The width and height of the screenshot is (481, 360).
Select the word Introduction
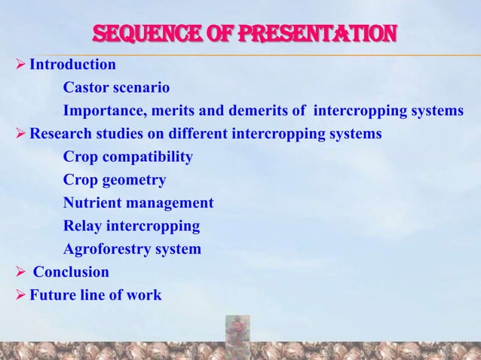click(72, 65)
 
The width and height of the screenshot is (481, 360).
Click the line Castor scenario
click(116, 88)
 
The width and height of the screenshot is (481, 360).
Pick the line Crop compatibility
click(127, 157)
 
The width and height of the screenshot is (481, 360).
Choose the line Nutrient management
click(138, 203)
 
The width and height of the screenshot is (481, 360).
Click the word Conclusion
click(75, 272)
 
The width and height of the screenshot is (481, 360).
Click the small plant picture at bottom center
click(238, 335)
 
